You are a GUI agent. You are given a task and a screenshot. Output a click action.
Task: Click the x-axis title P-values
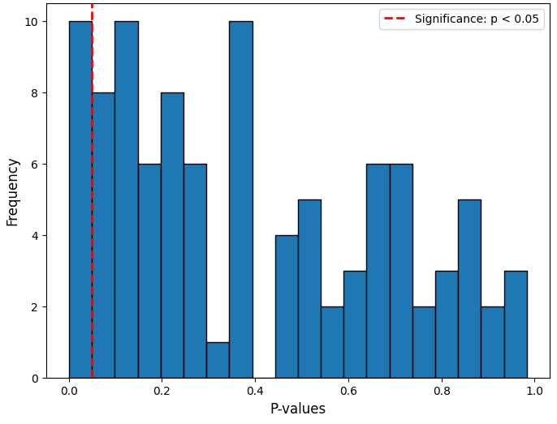tap(297, 409)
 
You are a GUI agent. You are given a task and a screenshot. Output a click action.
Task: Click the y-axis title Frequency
tap(13, 191)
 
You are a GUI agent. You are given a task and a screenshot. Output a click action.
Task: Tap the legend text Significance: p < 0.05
tap(477, 19)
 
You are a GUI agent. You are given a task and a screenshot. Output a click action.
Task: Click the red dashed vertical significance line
tap(92, 203)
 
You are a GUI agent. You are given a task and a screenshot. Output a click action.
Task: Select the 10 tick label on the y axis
tap(31, 21)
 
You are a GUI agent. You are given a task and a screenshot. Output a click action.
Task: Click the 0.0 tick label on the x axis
tap(69, 392)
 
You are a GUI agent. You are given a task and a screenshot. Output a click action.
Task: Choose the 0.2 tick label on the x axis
tap(162, 392)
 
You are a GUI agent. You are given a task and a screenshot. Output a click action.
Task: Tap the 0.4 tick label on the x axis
tap(255, 392)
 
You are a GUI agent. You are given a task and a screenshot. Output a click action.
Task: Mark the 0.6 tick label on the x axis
tap(348, 392)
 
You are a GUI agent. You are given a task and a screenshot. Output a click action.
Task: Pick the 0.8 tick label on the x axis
tap(441, 392)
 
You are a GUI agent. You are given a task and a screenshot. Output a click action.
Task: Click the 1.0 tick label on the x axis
tap(534, 392)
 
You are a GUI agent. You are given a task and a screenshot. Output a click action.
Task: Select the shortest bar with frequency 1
tap(218, 360)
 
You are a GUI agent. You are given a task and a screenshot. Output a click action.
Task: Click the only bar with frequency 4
tap(287, 306)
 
